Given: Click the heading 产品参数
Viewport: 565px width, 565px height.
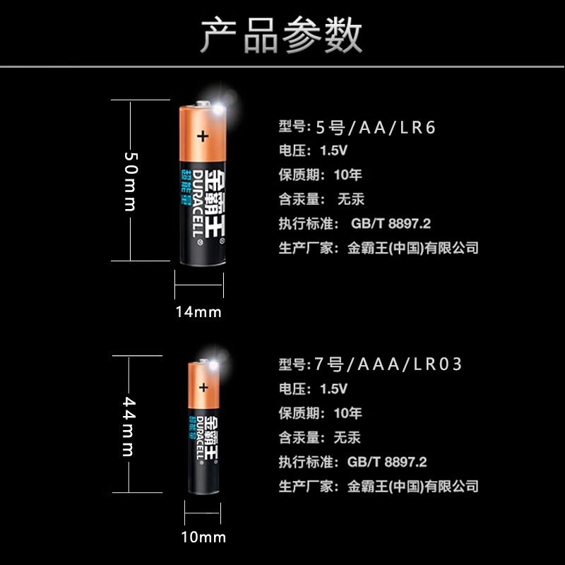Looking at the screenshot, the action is pos(282,35).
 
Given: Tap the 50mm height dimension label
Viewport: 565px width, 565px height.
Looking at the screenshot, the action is pos(130,181).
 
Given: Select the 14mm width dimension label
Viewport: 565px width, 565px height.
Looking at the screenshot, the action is pos(199,311).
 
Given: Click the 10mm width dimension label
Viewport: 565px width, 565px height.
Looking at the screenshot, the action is pos(203,537).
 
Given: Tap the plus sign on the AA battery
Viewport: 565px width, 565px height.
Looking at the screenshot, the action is pos(203,136).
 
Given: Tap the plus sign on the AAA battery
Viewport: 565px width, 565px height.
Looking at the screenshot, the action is pos(204,386).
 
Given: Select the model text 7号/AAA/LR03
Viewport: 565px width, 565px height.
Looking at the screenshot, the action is pos(388,364).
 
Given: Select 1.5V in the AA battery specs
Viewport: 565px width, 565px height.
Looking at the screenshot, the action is pos(334,150).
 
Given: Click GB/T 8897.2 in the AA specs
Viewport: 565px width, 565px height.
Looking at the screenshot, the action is pos(391,224).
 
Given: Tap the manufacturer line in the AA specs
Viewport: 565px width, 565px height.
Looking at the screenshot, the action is pos(379,248).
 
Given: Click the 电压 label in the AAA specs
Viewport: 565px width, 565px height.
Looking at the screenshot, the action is pos(292,389).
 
